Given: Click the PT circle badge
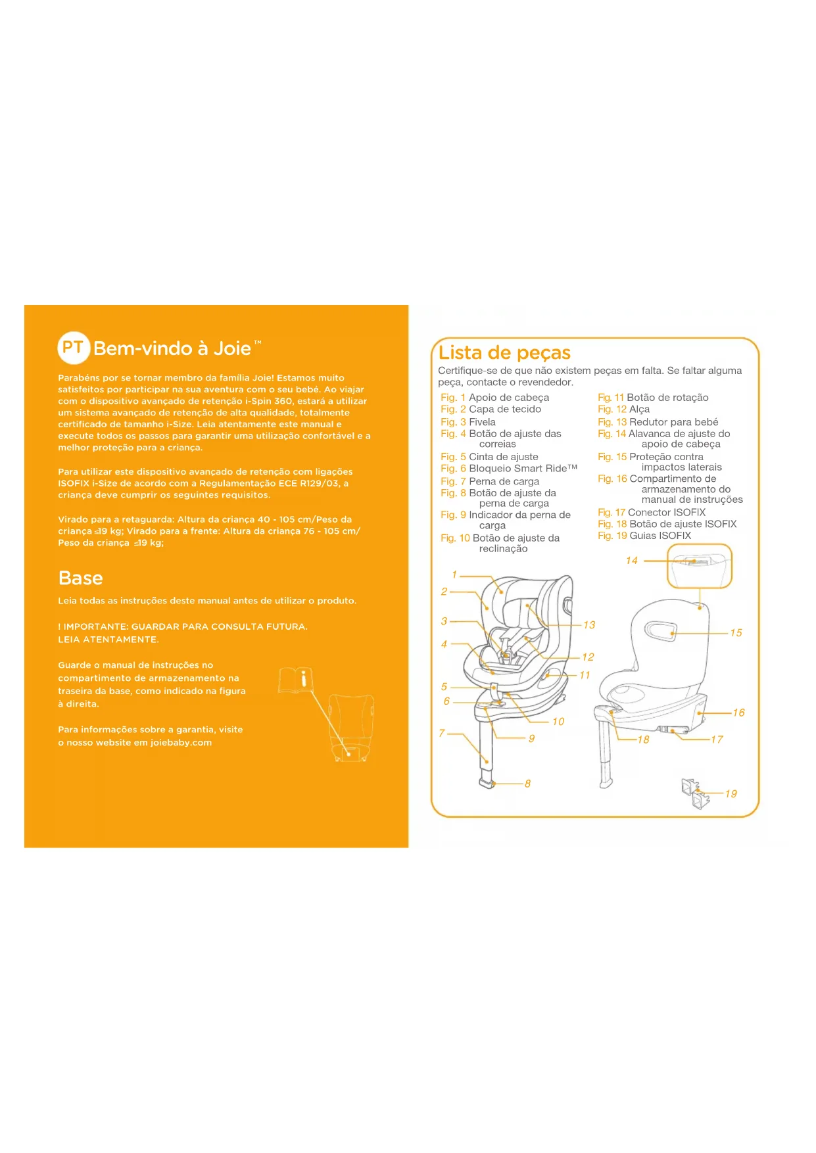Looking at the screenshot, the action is pyautogui.click(x=74, y=348).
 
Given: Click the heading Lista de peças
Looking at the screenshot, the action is pyautogui.click(x=504, y=353).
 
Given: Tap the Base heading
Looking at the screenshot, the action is pyautogui.click(x=80, y=578).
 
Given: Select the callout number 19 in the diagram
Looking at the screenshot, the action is pyautogui.click(x=731, y=793).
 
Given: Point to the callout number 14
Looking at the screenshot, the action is pyautogui.click(x=632, y=561).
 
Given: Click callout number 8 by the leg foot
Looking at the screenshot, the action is pyautogui.click(x=527, y=784).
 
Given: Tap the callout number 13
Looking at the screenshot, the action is pyautogui.click(x=589, y=625).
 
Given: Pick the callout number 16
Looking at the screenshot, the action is pyautogui.click(x=739, y=713).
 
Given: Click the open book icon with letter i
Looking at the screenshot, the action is pyautogui.click(x=297, y=680).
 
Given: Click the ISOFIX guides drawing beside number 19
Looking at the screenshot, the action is pyautogui.click(x=695, y=793).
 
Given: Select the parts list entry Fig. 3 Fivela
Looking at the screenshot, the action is pyautogui.click(x=468, y=422).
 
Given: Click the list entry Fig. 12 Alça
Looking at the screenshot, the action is pyautogui.click(x=623, y=409).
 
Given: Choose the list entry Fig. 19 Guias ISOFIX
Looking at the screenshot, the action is pyautogui.click(x=644, y=536).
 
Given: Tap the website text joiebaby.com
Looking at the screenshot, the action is pyautogui.click(x=181, y=743).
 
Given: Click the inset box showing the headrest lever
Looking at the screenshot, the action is pyautogui.click(x=700, y=566).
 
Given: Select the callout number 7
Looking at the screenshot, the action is pyautogui.click(x=442, y=733).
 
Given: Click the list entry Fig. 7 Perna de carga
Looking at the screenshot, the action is pyautogui.click(x=490, y=481).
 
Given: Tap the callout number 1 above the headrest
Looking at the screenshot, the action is pyautogui.click(x=454, y=575).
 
